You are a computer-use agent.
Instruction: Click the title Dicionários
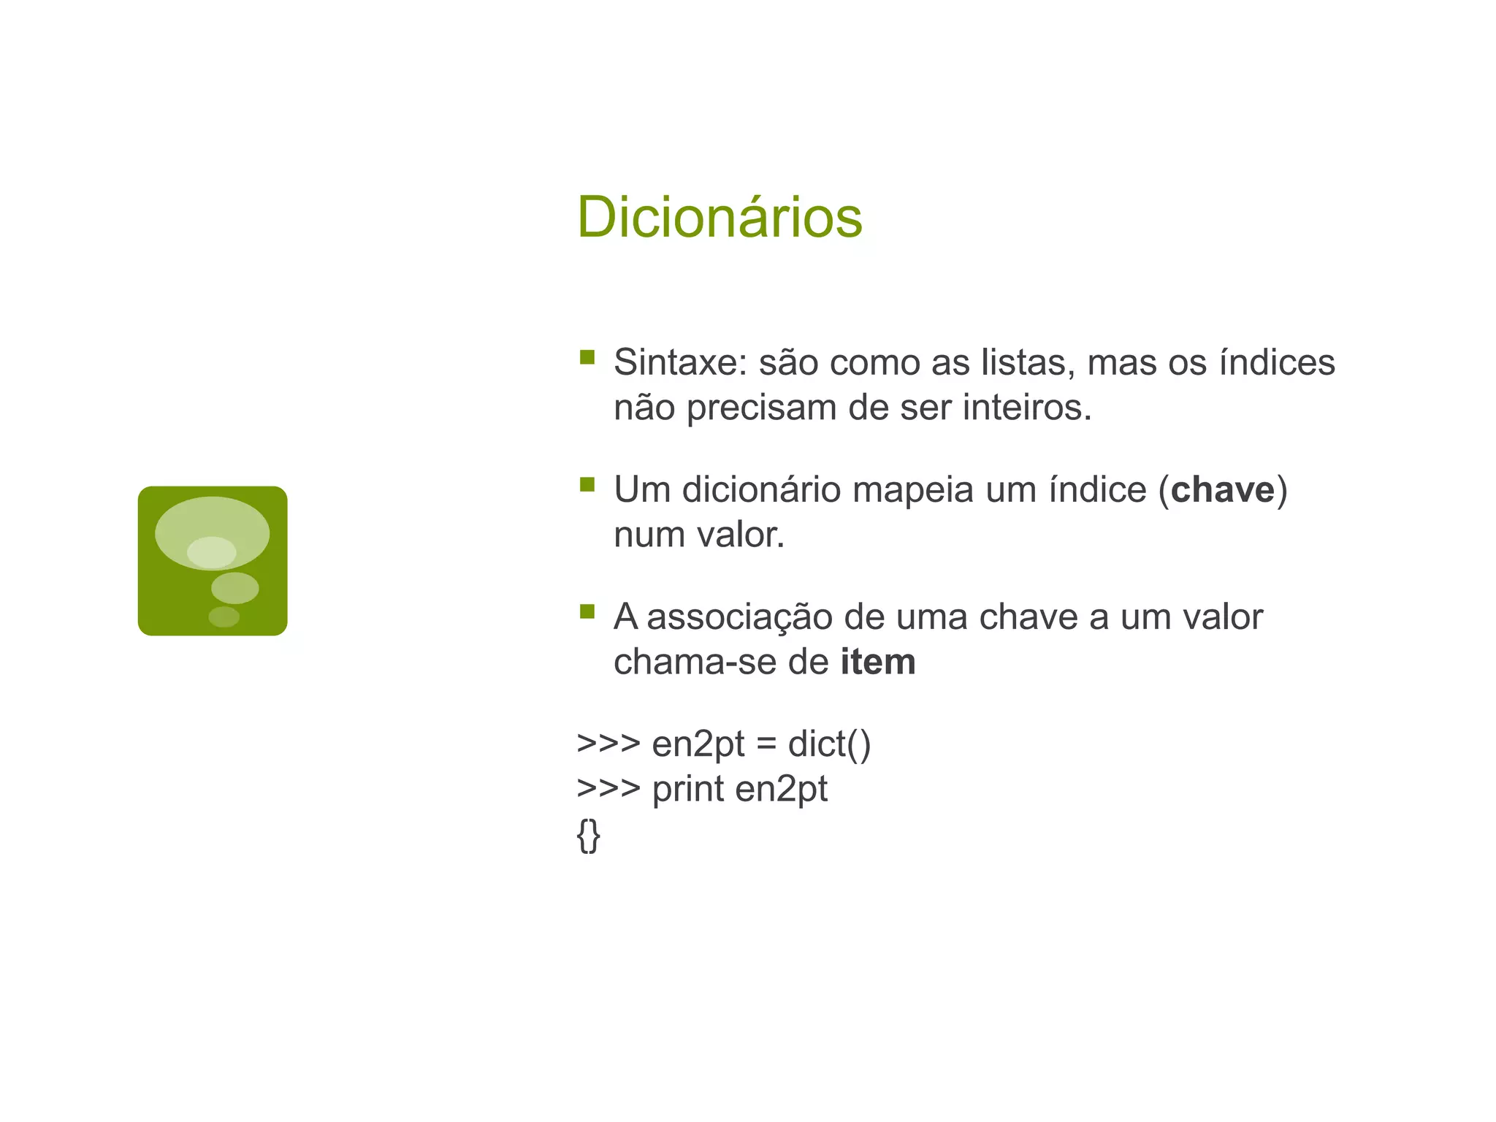(720, 217)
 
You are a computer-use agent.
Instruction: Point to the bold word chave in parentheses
(1222, 489)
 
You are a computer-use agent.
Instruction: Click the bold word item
(877, 662)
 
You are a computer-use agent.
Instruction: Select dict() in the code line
(829, 744)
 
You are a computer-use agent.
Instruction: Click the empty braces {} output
(588, 835)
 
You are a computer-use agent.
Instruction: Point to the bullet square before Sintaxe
(587, 357)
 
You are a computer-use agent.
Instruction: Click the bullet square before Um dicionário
(587, 484)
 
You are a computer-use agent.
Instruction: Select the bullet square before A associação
(587, 611)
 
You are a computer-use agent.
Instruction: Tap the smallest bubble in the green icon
(224, 617)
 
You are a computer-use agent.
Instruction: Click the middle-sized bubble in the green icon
(234, 588)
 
